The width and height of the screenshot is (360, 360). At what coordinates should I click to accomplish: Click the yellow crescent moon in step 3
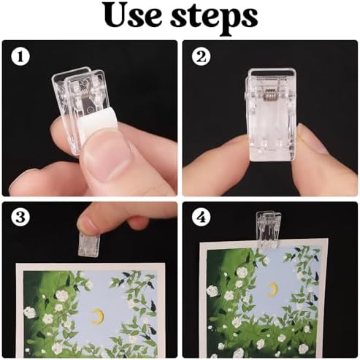96,315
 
